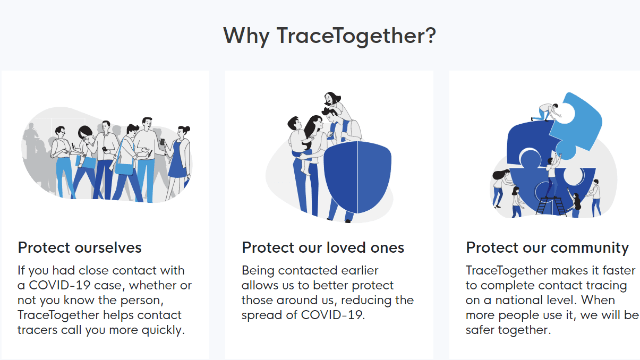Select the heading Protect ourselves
[x=80, y=247]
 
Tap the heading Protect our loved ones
[x=323, y=247]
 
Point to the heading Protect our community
[x=548, y=248]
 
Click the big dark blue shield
[x=357, y=177]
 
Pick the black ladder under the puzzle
[x=550, y=205]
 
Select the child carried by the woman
[x=300, y=143]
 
